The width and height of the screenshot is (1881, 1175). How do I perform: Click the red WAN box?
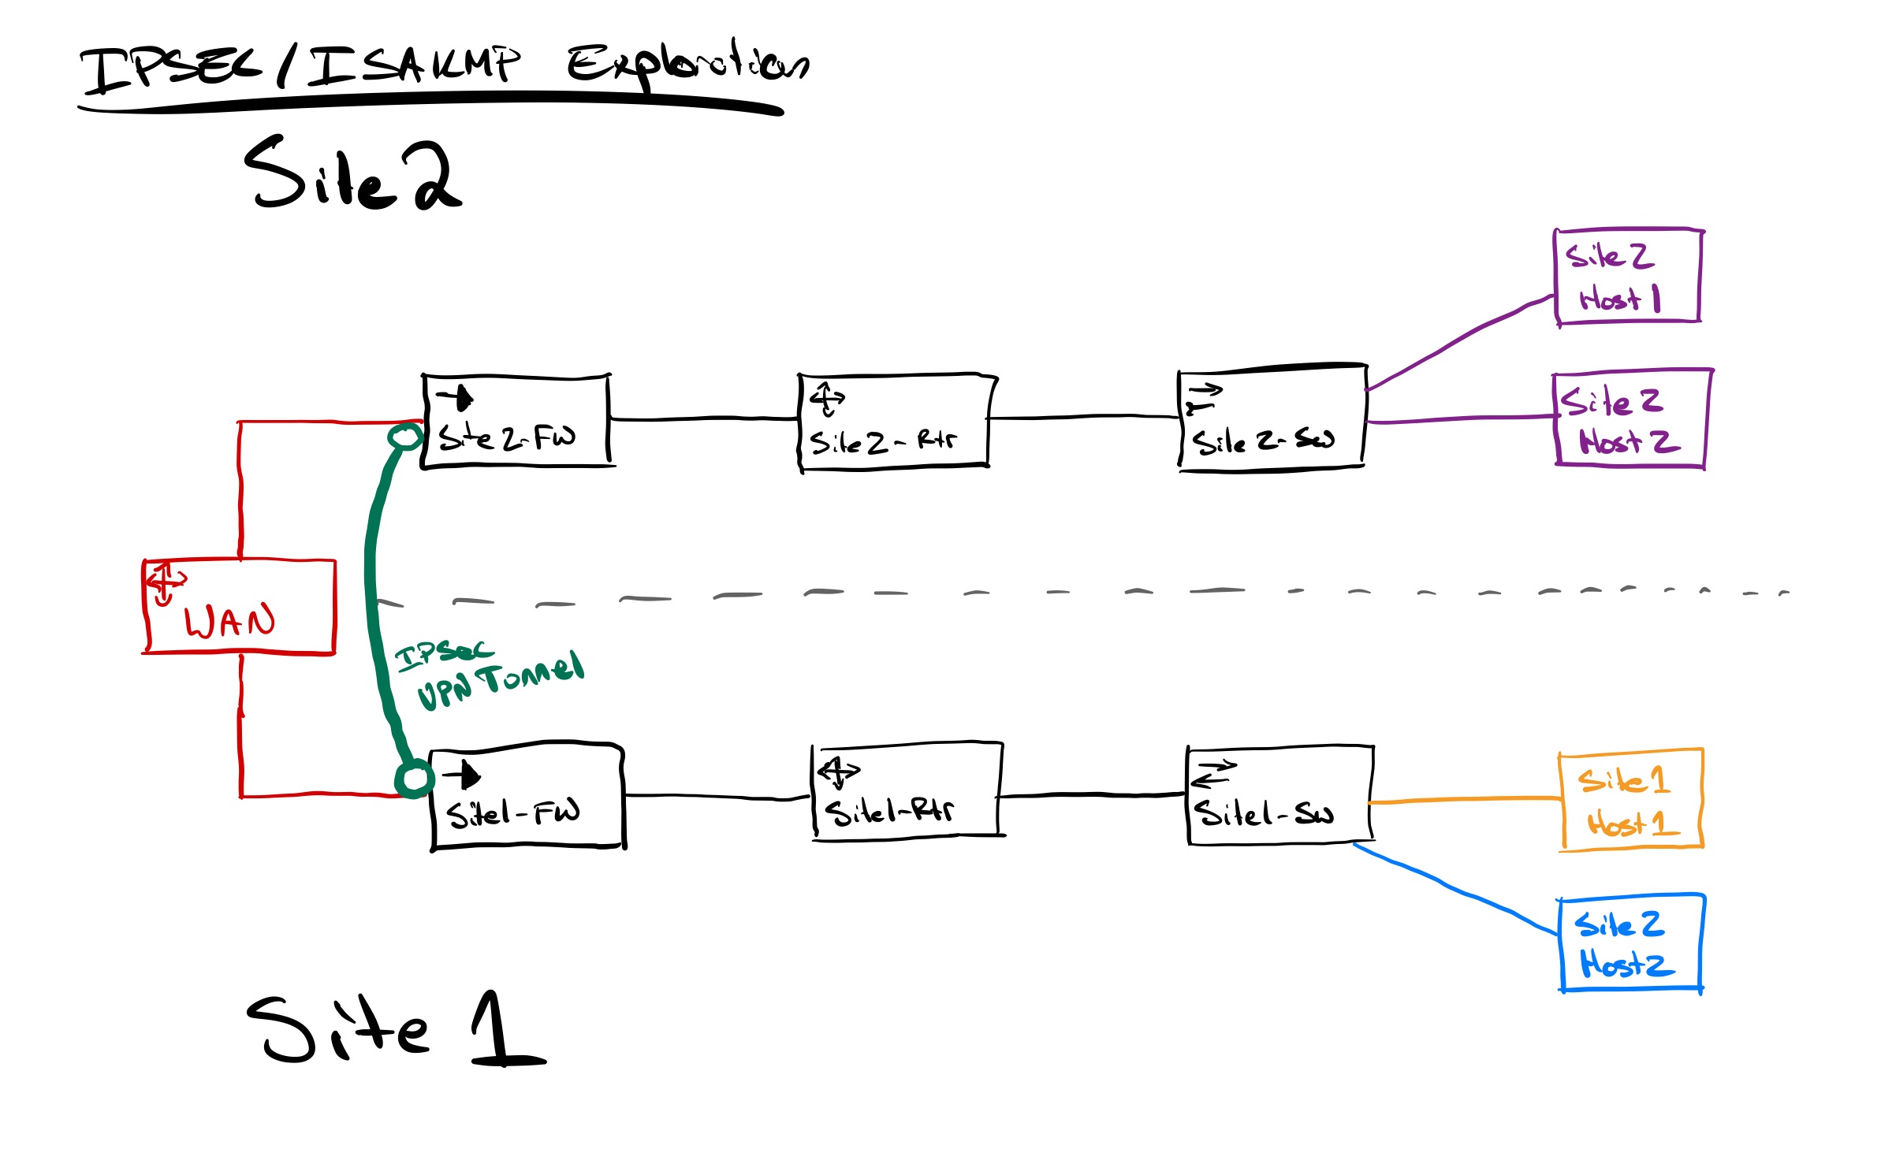point(240,607)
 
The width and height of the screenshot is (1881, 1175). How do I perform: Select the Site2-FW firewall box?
point(516,422)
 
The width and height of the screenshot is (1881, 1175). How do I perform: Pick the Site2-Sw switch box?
point(1272,418)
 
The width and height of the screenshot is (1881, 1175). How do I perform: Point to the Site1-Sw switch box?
point(1279,794)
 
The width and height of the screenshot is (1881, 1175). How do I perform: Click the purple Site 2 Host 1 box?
point(1628,276)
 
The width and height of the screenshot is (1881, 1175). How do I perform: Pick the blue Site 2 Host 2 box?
point(1630,943)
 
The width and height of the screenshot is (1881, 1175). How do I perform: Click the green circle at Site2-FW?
point(405,437)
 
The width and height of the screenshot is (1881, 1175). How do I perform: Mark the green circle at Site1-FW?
point(414,779)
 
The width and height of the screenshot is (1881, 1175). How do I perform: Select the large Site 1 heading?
point(394,1028)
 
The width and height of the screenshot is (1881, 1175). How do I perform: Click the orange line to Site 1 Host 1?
point(1466,801)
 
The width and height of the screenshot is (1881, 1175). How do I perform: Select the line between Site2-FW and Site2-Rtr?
point(704,419)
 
